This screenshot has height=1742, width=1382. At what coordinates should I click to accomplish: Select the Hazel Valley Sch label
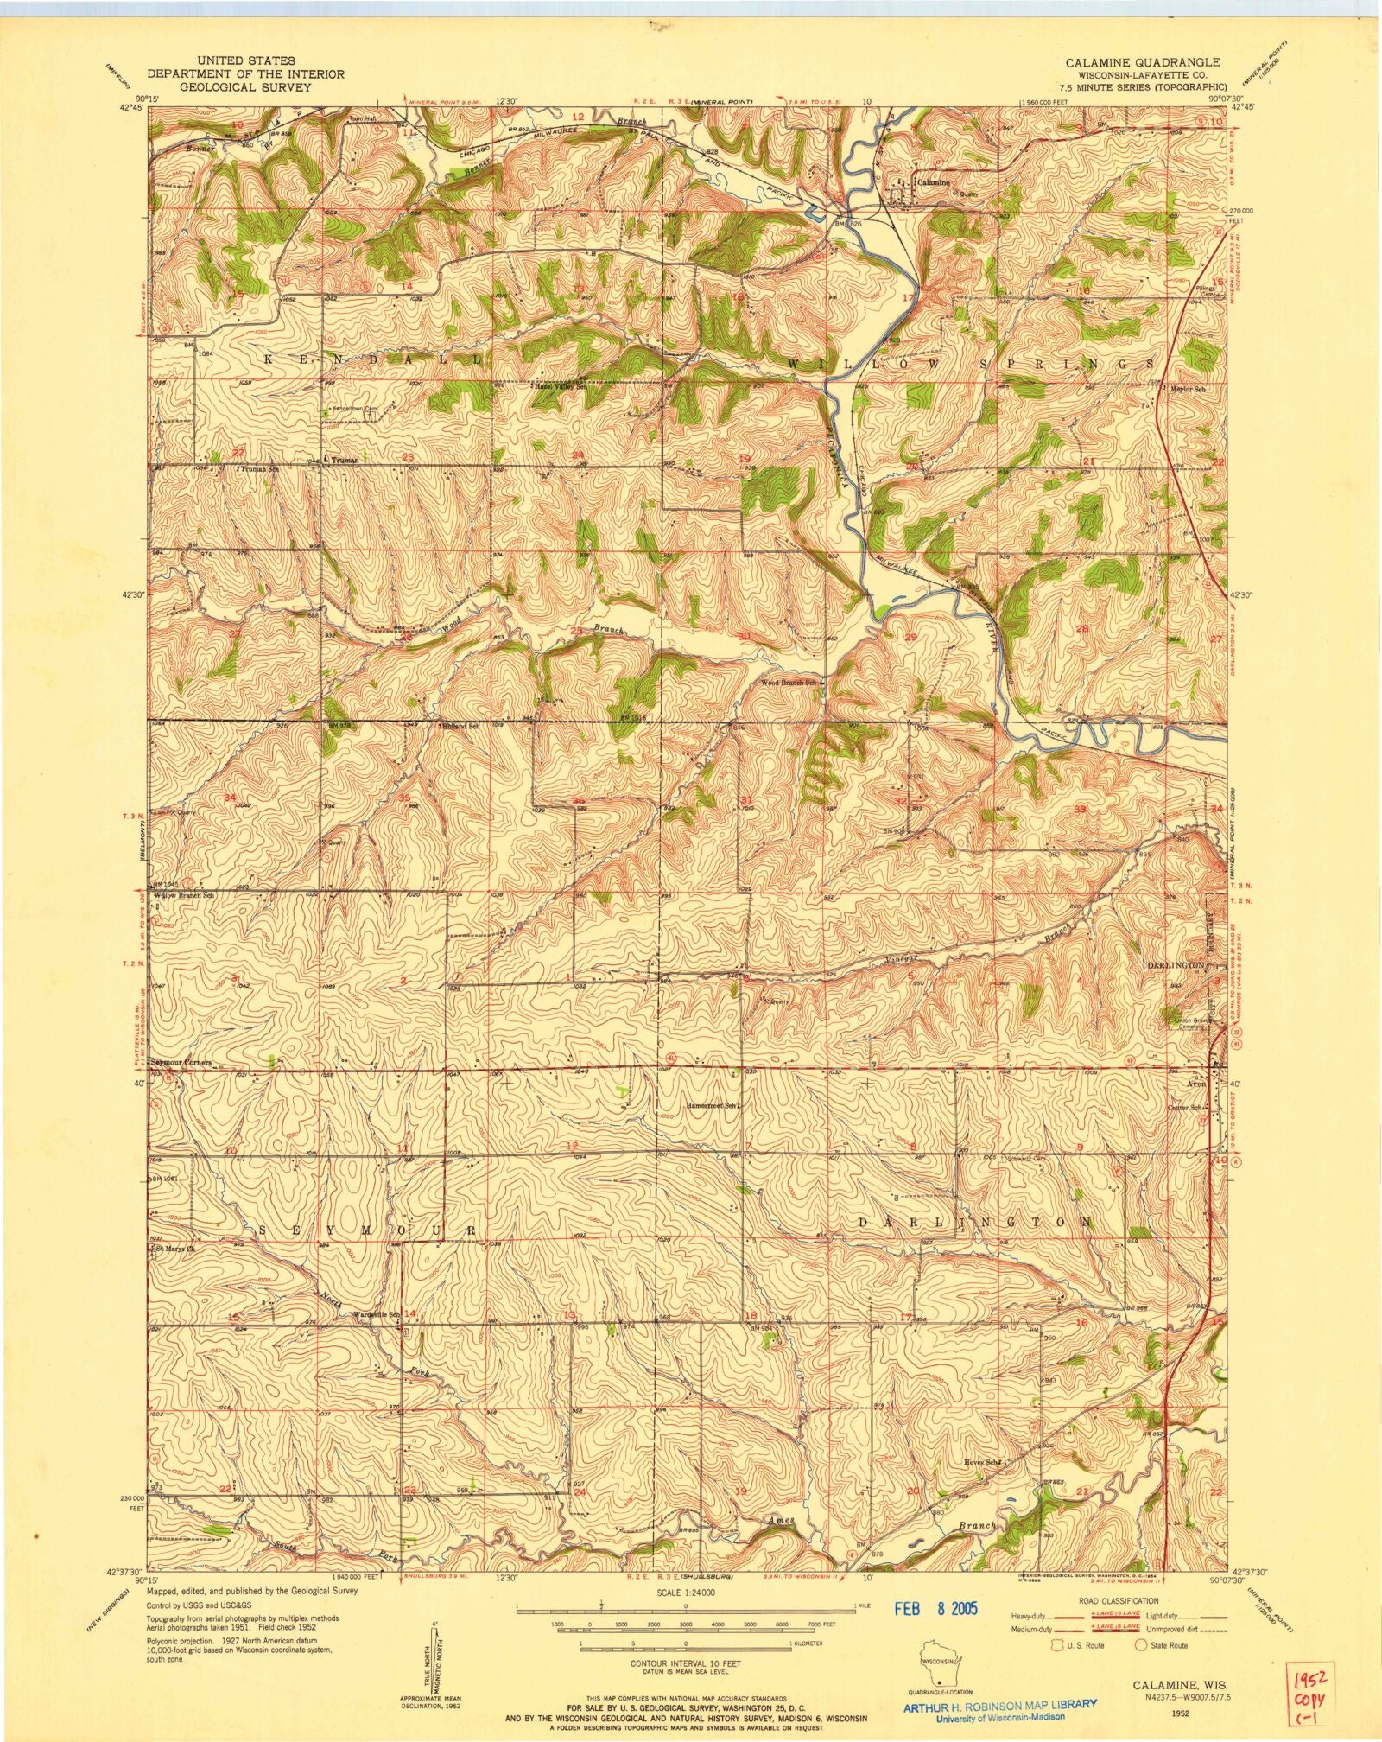point(561,387)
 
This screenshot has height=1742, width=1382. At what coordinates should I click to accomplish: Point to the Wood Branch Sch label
point(788,683)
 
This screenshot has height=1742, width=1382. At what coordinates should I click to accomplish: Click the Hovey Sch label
point(982,1462)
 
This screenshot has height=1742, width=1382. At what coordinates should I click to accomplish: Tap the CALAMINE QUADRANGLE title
point(1142,62)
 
